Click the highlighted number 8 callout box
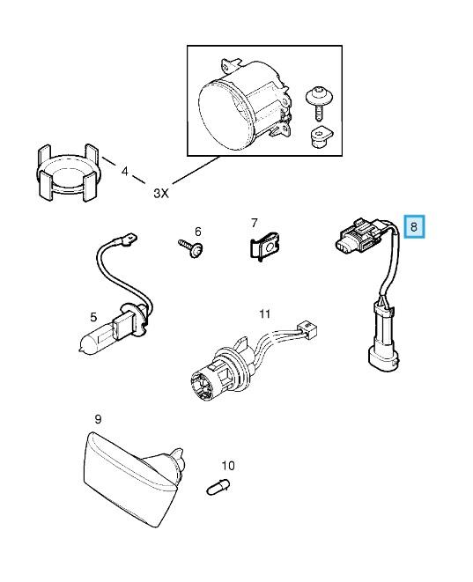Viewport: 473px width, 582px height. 414,226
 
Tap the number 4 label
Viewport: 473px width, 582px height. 125,172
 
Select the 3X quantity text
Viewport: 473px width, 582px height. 161,193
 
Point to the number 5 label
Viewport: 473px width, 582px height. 93,317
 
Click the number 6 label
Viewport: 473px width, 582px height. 198,232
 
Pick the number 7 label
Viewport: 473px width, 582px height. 254,223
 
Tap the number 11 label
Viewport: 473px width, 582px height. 264,314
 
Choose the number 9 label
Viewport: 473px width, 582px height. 98,419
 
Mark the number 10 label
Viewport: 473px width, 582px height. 228,465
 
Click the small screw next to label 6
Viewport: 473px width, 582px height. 190,247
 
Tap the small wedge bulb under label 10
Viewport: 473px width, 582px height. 218,487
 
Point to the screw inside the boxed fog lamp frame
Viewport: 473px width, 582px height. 320,103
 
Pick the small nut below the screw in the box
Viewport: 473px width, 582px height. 320,137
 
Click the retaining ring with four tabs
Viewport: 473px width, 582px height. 69,172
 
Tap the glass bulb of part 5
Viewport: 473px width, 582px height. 97,338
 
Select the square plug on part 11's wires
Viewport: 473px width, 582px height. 308,328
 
